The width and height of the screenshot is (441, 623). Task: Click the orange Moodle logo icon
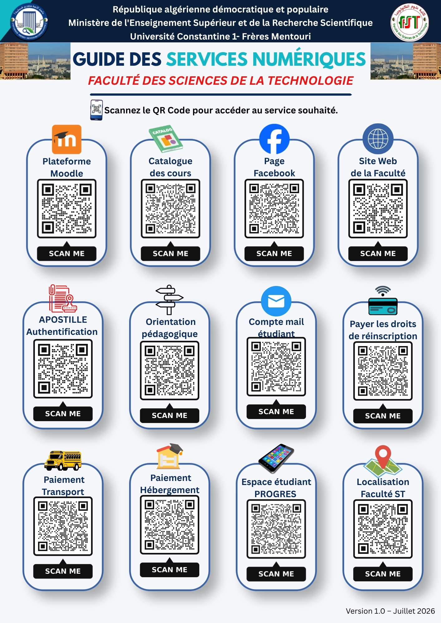click(x=66, y=139)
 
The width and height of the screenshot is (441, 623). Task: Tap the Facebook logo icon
click(x=274, y=139)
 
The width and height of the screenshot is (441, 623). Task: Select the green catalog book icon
click(x=165, y=140)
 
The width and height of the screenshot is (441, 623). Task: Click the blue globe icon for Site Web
click(x=378, y=139)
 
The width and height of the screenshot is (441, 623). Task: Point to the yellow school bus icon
click(x=63, y=460)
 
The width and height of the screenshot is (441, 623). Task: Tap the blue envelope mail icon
click(x=276, y=301)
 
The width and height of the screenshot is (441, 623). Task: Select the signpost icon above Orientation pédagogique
click(x=169, y=300)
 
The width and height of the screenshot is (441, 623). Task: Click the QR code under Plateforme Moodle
click(x=67, y=209)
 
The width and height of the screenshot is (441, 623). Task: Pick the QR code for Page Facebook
click(x=274, y=208)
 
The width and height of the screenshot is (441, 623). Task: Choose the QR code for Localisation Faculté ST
click(x=383, y=529)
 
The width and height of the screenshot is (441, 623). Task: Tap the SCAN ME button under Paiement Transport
click(x=63, y=571)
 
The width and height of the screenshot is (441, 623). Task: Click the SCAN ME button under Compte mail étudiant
click(x=276, y=411)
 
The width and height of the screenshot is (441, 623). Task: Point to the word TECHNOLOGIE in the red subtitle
click(x=310, y=81)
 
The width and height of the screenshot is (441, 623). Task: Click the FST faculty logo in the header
click(x=409, y=22)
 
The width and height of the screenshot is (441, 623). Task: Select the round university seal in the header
click(x=29, y=22)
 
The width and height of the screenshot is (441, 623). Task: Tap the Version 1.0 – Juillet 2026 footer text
click(x=390, y=611)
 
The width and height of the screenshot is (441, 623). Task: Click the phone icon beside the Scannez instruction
click(x=96, y=110)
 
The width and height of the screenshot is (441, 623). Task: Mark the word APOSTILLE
click(x=63, y=320)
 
